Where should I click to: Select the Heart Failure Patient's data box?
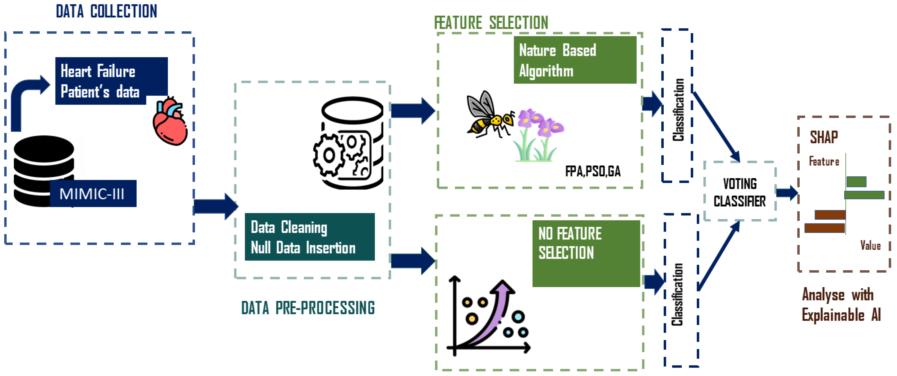[x=105, y=81]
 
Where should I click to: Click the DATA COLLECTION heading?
[x=107, y=11]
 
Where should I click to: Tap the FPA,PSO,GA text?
[x=593, y=171]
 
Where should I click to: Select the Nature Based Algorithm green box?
[x=574, y=60]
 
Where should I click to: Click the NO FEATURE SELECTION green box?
[x=586, y=253]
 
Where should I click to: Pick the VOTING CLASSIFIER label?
[x=740, y=192]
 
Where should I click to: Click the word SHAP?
[x=823, y=137]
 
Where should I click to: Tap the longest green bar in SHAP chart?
[x=864, y=195]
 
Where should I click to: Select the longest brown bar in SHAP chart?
[x=824, y=228]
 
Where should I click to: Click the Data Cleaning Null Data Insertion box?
[x=309, y=237]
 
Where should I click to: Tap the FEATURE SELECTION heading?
[x=491, y=23]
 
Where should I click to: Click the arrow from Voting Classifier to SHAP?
[x=787, y=193]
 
